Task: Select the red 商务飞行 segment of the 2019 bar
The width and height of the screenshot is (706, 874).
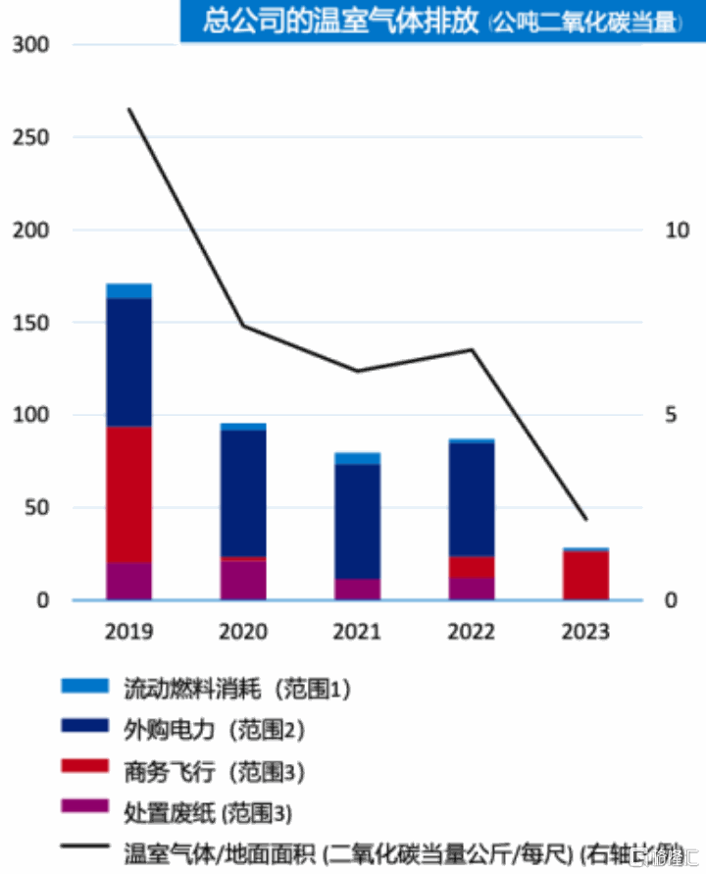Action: click(x=129, y=494)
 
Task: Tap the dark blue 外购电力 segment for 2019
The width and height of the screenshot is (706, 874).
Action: click(x=129, y=362)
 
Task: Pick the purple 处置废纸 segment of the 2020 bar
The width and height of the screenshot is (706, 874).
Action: click(x=243, y=580)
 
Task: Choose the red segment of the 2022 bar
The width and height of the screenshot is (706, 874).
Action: click(x=472, y=567)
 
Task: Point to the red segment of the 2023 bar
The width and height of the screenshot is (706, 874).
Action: click(x=585, y=575)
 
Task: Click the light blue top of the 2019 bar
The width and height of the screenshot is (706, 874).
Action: click(x=129, y=291)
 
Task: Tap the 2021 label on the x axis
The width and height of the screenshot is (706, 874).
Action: click(x=357, y=631)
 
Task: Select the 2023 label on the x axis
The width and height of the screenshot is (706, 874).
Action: click(x=585, y=631)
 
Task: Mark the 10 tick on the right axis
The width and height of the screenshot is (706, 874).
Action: click(x=678, y=231)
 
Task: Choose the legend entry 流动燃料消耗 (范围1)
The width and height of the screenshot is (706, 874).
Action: click(x=235, y=689)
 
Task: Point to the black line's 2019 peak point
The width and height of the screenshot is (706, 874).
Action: click(x=129, y=109)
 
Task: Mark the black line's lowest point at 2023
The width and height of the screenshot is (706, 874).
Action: click(x=585, y=519)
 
